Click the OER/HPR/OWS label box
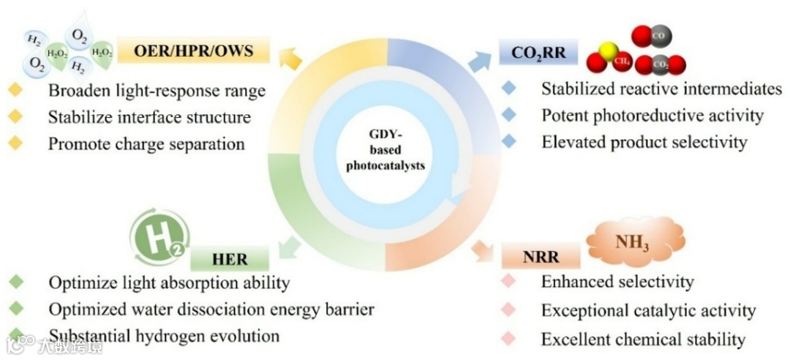coord(193,51)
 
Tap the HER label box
coord(230,259)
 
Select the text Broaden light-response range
coord(157,91)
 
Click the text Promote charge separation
coord(146,143)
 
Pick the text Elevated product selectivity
coord(644,142)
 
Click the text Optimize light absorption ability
coord(169,282)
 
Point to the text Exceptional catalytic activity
coord(648,311)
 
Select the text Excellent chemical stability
coord(643,340)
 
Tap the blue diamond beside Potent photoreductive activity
coord(509,116)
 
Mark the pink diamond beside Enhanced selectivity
coord(509,282)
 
